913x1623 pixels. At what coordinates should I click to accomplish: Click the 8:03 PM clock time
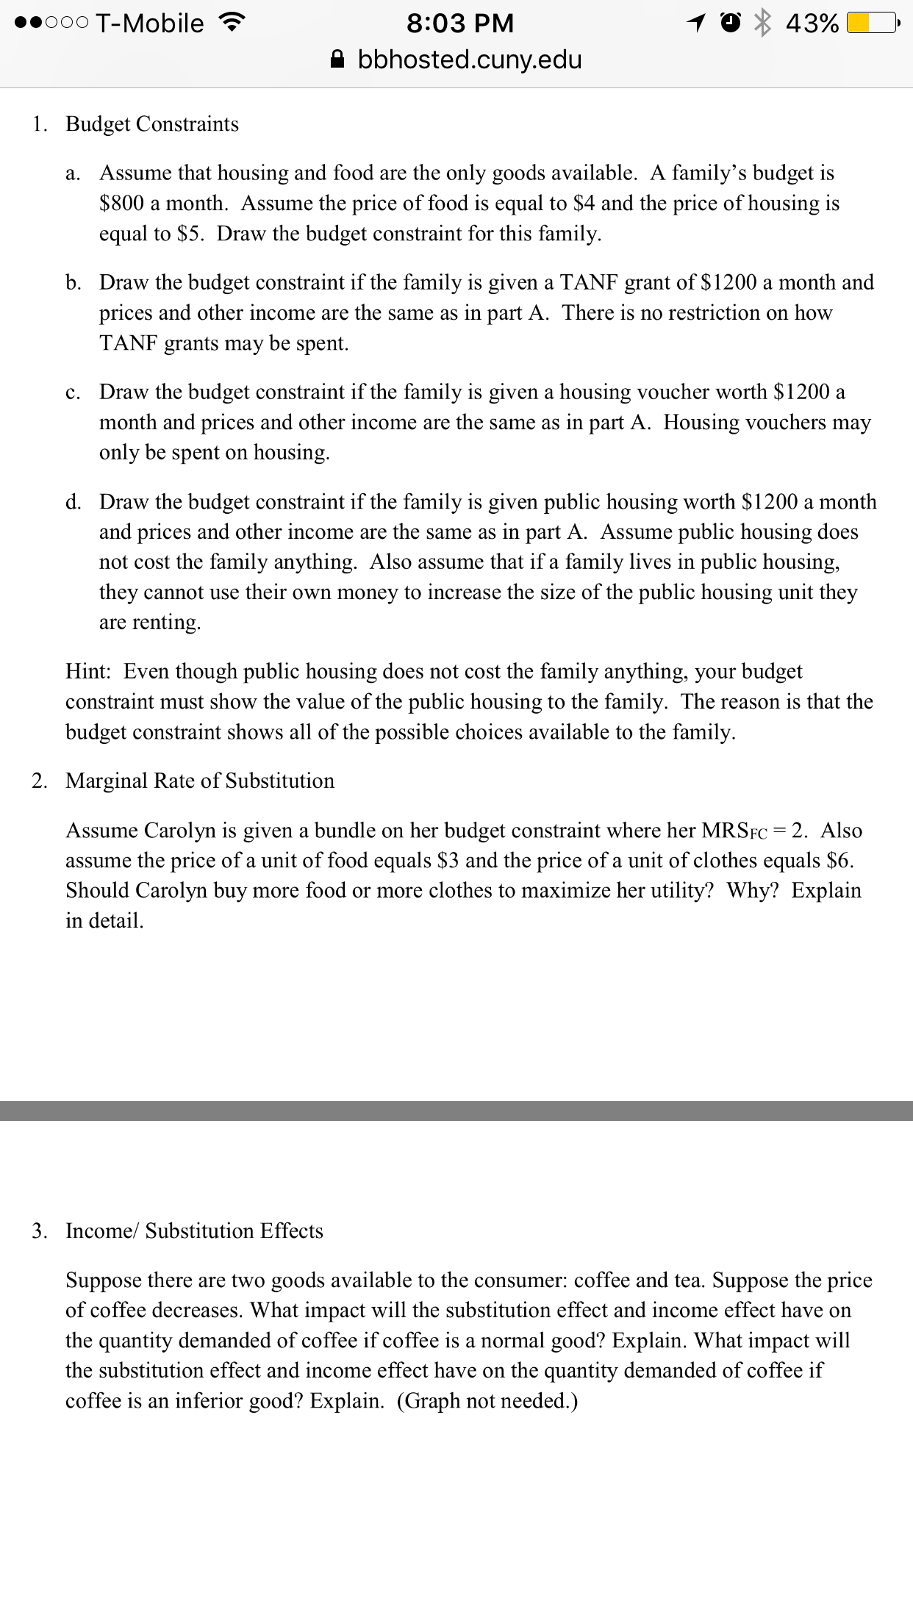[x=460, y=24]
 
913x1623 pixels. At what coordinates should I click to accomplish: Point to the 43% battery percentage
[x=812, y=24]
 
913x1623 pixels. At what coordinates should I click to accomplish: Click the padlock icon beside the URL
[x=337, y=59]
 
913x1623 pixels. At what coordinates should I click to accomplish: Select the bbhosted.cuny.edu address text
[x=470, y=60]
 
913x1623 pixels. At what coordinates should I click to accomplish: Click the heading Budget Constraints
[x=152, y=123]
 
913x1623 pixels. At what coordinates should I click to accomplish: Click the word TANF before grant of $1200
[x=590, y=282]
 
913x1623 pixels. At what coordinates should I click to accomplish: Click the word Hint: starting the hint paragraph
[x=88, y=671]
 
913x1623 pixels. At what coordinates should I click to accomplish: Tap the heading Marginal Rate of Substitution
[x=200, y=781]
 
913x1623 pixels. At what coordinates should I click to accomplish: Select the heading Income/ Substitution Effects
[x=195, y=1231]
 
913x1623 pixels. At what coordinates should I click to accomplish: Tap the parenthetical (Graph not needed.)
[x=487, y=1401]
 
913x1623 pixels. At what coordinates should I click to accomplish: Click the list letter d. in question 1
[x=74, y=502]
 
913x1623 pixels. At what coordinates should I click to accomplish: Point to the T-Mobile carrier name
[x=149, y=24]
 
